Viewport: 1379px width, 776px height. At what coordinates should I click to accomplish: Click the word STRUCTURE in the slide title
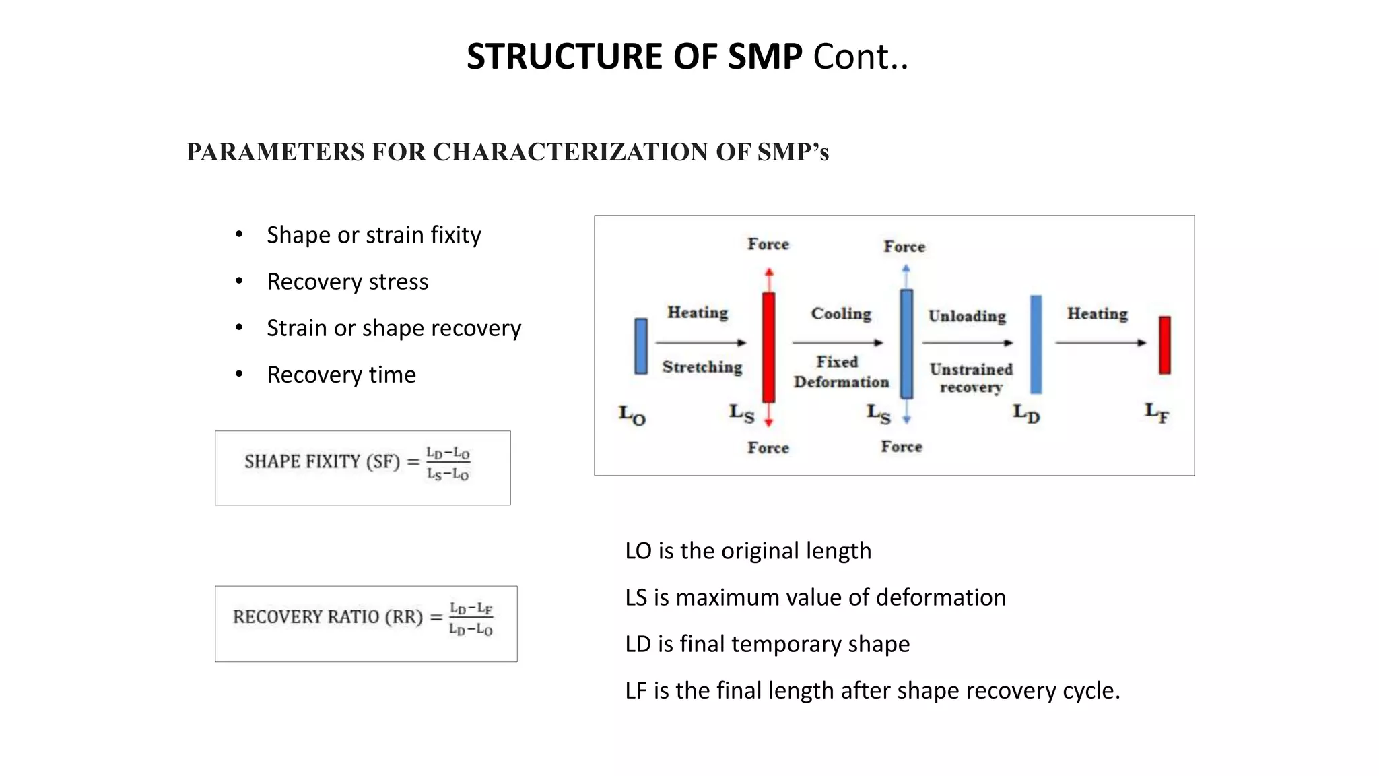pos(564,57)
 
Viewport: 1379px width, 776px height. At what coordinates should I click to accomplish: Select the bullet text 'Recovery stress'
pos(347,282)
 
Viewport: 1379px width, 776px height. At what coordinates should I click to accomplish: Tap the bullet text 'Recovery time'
pos(341,375)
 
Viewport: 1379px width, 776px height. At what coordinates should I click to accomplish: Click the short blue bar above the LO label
pos(641,346)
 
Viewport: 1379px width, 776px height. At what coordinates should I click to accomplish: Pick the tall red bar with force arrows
pos(768,347)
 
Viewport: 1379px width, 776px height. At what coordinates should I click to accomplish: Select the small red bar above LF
pos(1164,345)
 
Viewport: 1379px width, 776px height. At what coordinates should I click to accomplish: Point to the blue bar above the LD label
pos(1036,344)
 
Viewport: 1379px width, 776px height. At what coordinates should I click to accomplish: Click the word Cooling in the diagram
pos(841,314)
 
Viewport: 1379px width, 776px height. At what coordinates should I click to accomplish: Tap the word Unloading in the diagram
pos(967,316)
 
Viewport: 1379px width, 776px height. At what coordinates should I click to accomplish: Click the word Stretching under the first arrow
pos(702,367)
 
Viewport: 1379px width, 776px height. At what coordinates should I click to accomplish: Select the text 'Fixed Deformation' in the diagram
pos(840,372)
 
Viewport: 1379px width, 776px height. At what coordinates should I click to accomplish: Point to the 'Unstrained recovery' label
pos(971,378)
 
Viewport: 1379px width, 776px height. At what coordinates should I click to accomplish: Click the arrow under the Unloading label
pos(967,343)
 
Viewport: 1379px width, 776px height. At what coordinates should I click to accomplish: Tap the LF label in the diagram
pos(1157,412)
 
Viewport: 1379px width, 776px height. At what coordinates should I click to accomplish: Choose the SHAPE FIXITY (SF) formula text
pos(357,463)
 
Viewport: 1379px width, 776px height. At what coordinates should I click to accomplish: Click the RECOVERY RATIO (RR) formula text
pos(363,618)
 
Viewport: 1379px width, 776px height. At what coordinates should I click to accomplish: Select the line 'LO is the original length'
pos(748,551)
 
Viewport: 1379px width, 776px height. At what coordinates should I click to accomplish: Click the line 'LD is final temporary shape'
pos(767,644)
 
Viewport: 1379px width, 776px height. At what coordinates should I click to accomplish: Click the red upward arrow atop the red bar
pos(769,278)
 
